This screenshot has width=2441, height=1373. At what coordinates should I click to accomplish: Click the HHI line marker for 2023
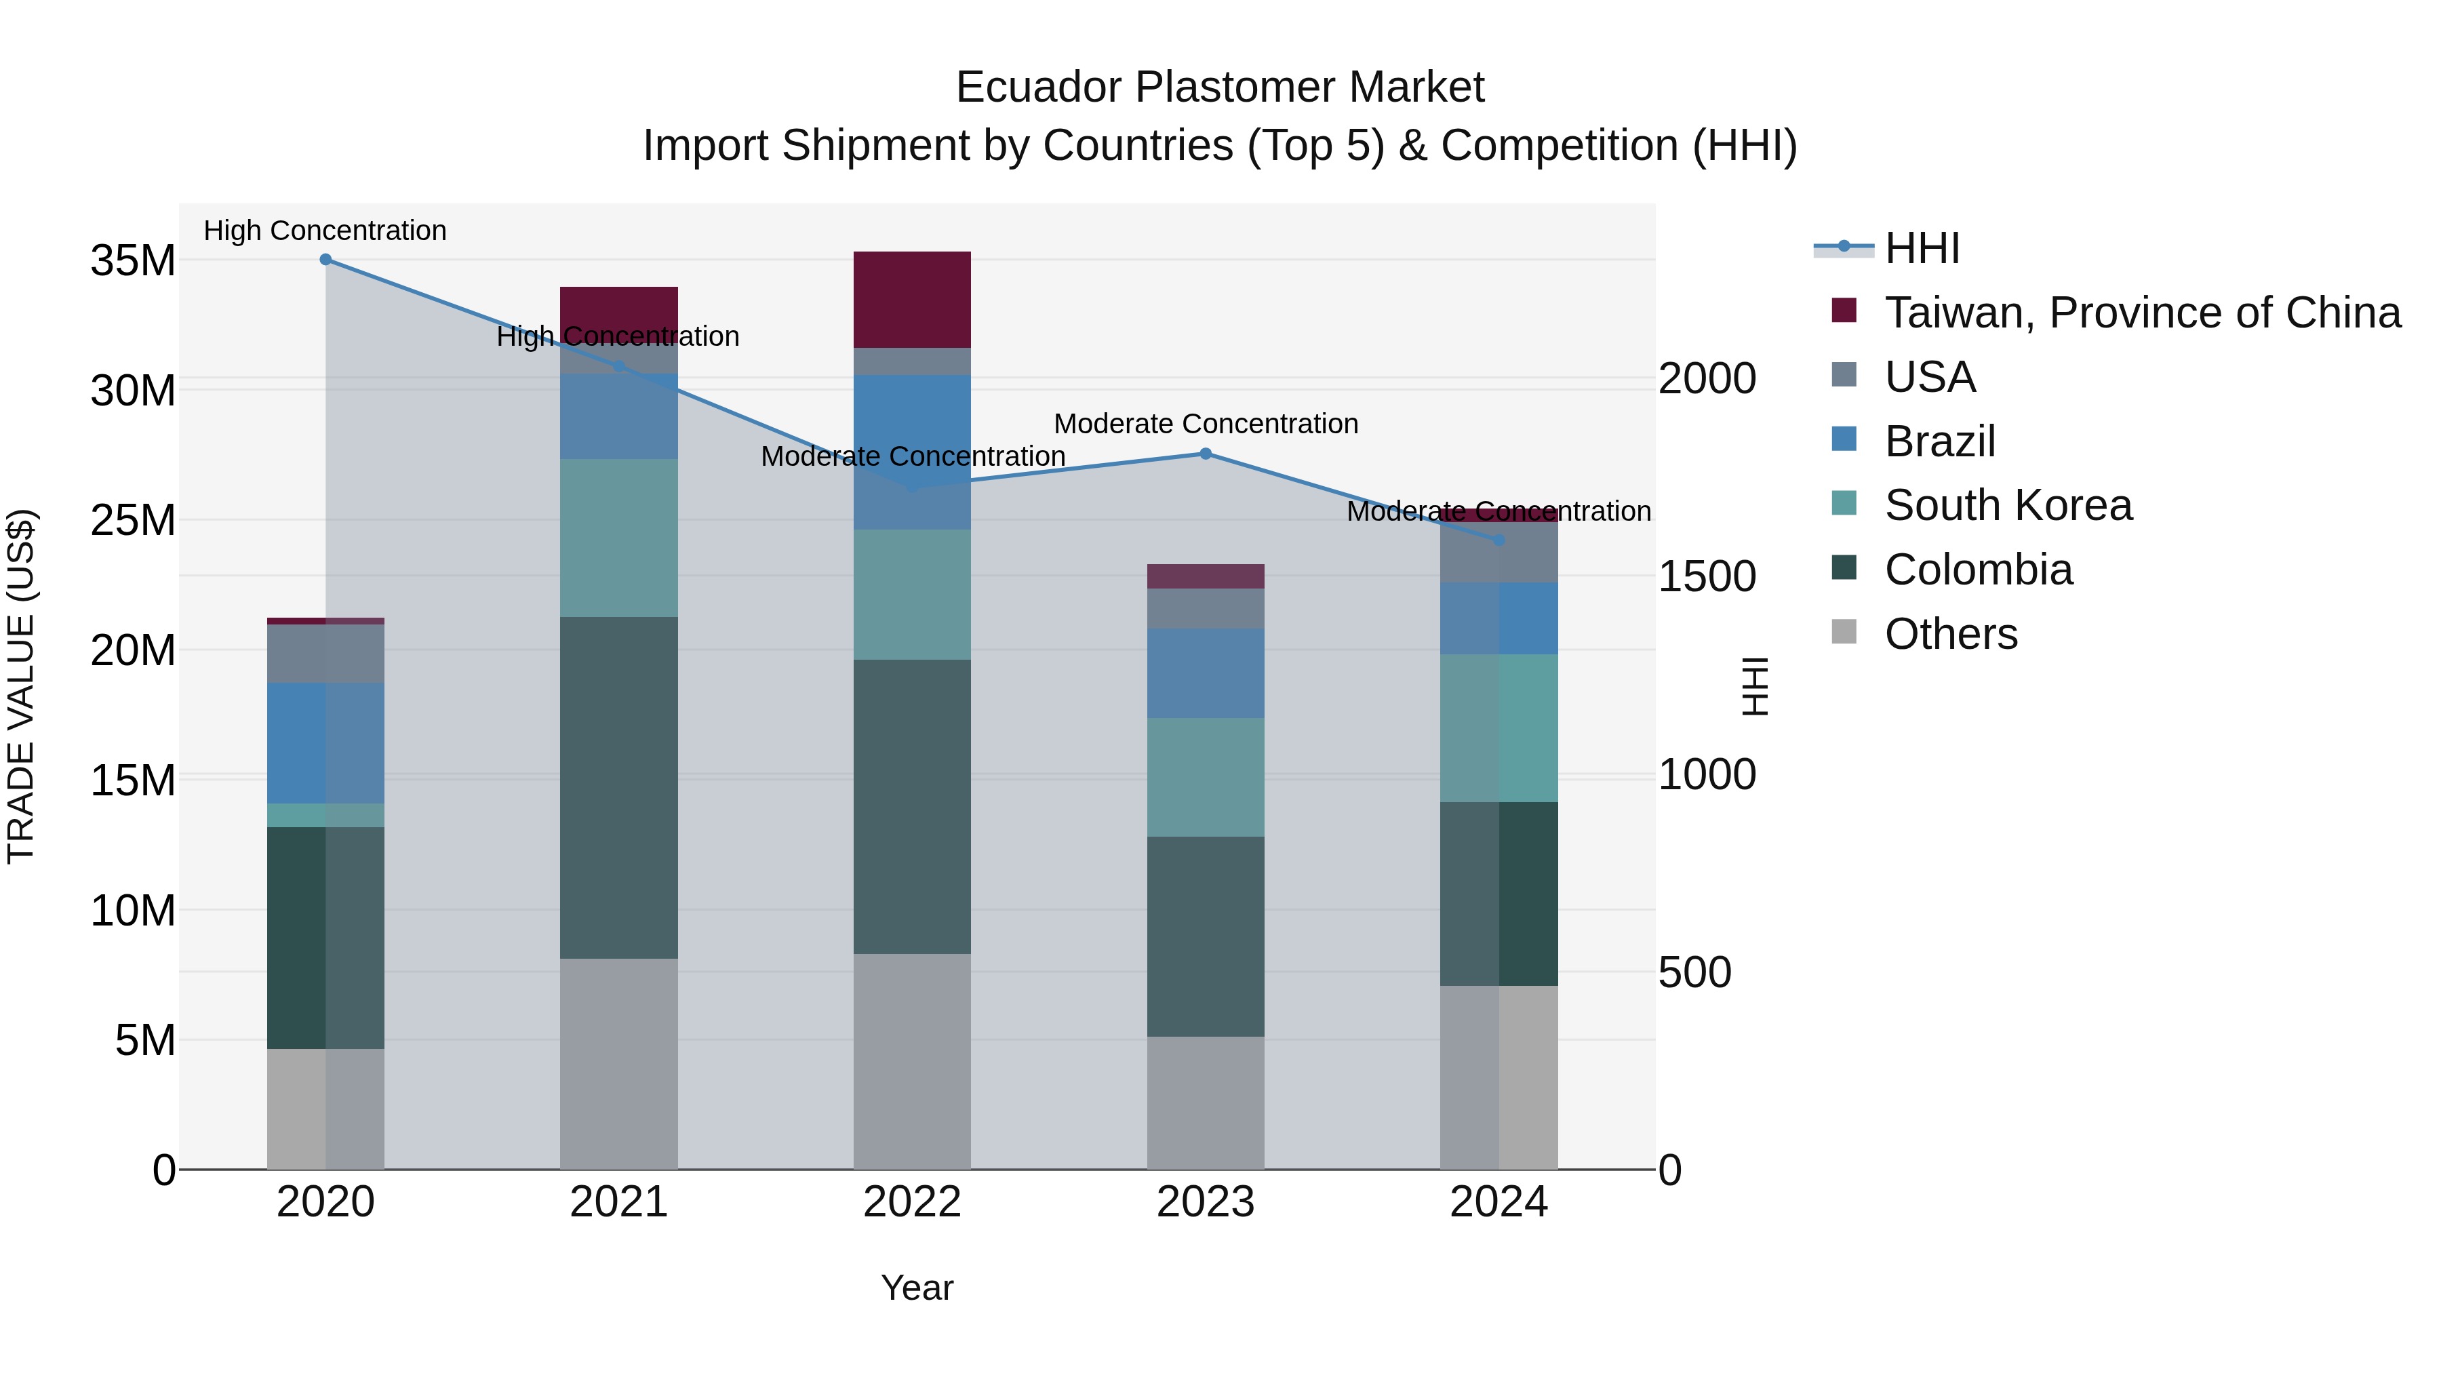pyautogui.click(x=1206, y=454)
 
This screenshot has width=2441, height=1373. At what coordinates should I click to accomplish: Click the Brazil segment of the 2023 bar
pyautogui.click(x=1206, y=673)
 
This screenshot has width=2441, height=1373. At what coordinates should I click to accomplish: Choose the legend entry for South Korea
pyautogui.click(x=2007, y=505)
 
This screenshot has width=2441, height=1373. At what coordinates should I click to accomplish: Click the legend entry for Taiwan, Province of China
pyautogui.click(x=2141, y=313)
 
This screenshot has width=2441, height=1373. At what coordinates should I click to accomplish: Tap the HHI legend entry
pyautogui.click(x=1921, y=248)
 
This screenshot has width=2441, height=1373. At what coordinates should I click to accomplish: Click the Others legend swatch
pyautogui.click(x=1844, y=632)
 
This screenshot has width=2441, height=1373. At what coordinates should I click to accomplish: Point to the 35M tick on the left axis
pyautogui.click(x=133, y=260)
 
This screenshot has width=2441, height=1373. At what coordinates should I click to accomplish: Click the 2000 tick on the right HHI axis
pyautogui.click(x=1707, y=379)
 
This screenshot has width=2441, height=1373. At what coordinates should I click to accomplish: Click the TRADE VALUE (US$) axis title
pyautogui.click(x=22, y=686)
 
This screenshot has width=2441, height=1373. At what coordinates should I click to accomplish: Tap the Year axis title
pyautogui.click(x=916, y=1288)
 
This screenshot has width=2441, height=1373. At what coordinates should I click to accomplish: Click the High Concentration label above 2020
pyautogui.click(x=325, y=231)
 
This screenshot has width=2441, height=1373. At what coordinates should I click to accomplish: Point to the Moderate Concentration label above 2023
pyautogui.click(x=1206, y=424)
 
